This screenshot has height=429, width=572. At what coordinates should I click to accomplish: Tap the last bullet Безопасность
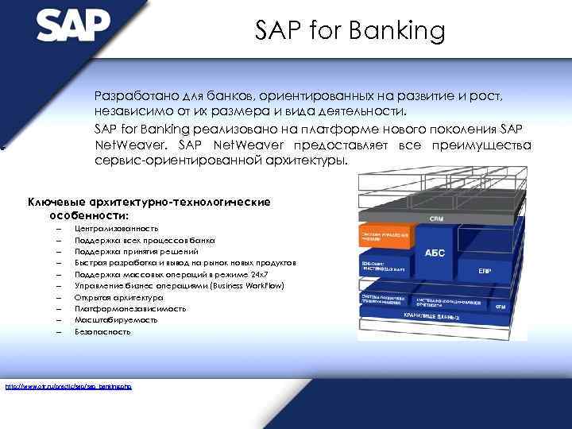pos(102,331)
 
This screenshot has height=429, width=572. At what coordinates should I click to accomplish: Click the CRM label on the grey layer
pos(436,218)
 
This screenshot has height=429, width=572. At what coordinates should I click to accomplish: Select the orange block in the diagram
pos(387,238)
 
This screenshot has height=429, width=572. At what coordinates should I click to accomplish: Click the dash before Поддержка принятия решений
pos(59,251)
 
